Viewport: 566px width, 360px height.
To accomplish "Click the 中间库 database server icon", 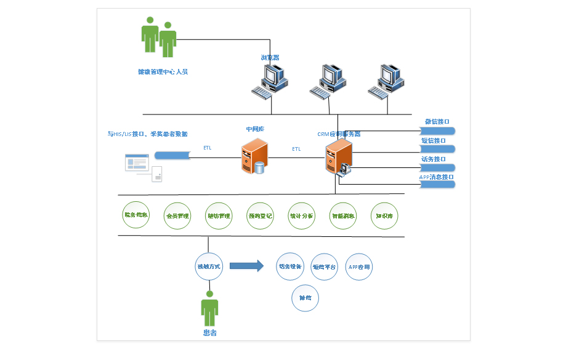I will click(x=254, y=156).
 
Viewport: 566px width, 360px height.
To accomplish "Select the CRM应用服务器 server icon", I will click(x=338, y=157).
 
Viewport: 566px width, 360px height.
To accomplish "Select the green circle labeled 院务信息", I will click(x=136, y=215).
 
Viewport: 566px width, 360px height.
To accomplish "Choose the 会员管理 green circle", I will click(x=177, y=216).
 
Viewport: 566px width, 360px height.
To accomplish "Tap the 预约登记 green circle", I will click(x=260, y=216).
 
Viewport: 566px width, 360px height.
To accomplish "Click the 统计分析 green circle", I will click(x=301, y=216).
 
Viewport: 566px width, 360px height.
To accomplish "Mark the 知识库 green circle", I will click(x=384, y=216).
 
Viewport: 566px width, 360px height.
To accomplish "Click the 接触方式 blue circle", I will click(x=208, y=266).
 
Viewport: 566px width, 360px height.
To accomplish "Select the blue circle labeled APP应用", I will click(x=359, y=267).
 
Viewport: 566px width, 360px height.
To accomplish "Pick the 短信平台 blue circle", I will click(x=325, y=267).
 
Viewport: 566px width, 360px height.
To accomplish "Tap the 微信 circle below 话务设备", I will click(x=305, y=298).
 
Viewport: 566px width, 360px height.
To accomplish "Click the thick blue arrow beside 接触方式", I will click(x=246, y=266).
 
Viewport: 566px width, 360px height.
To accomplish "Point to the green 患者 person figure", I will click(x=209, y=310).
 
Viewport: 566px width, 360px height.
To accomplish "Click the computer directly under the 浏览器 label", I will click(x=271, y=81).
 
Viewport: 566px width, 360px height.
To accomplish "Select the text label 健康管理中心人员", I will click(x=163, y=72).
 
